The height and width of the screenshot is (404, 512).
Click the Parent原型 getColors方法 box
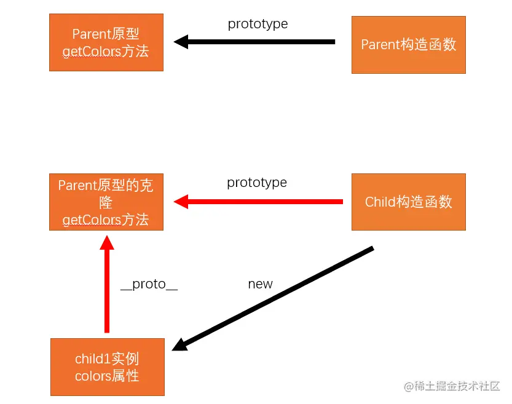click(106, 42)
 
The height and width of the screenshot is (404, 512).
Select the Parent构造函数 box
click(408, 45)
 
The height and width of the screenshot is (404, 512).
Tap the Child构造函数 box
click(408, 202)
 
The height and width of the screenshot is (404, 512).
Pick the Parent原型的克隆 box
click(106, 202)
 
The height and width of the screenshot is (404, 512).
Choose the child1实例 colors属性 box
click(107, 366)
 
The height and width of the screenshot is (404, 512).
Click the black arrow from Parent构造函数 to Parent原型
click(258, 42)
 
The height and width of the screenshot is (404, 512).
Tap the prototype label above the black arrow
click(258, 24)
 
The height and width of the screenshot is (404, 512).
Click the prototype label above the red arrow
click(257, 183)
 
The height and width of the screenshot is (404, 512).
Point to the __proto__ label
click(149, 284)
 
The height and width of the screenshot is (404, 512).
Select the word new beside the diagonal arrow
click(260, 284)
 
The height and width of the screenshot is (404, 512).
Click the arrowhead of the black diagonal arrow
click(179, 346)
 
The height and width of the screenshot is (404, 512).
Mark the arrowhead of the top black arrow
click(181, 42)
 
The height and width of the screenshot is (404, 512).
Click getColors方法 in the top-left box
click(106, 51)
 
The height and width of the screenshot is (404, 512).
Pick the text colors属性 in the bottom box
click(107, 376)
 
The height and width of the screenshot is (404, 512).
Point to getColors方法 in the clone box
click(106, 220)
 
